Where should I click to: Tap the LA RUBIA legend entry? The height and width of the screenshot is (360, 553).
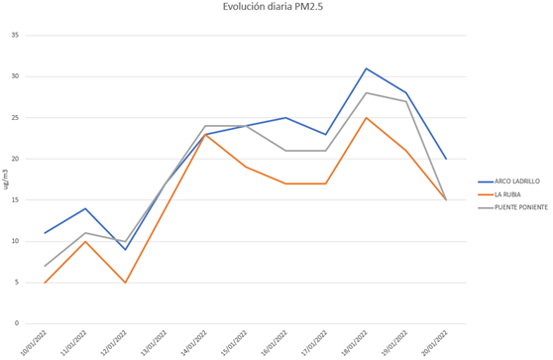(x=496, y=194)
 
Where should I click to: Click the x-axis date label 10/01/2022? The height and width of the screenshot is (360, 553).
(x=37, y=344)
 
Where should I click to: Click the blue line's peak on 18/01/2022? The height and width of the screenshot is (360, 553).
(x=366, y=68)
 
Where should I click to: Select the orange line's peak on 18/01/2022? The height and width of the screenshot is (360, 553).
(x=366, y=118)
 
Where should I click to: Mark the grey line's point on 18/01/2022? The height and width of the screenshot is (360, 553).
(x=366, y=93)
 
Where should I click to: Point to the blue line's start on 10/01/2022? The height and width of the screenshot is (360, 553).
(x=46, y=233)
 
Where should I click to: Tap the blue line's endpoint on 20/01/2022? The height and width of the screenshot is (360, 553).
(x=446, y=159)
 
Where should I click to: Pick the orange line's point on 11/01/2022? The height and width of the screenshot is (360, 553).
(x=86, y=241)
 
